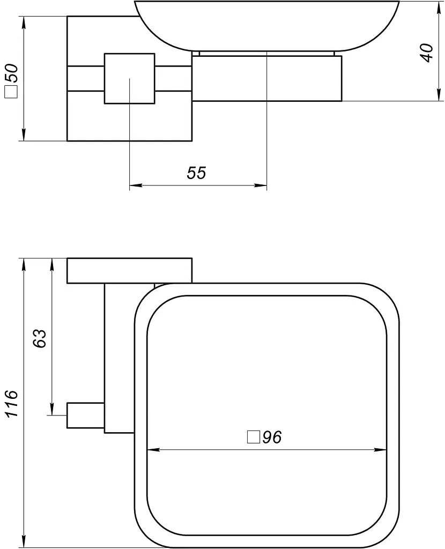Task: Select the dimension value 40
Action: tap(427, 53)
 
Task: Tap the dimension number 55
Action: tap(196, 173)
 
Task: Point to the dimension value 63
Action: tap(40, 338)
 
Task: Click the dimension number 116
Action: tap(12, 403)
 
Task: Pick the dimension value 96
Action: tap(272, 437)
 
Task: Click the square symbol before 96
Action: tap(253, 437)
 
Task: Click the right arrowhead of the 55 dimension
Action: tap(261, 185)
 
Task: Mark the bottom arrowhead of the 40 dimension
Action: tap(439, 95)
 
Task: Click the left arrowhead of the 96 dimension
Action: tap(154, 450)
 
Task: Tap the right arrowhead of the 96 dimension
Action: tap(381, 450)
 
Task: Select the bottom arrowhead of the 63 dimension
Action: tap(52, 409)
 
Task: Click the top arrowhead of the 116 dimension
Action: tap(24, 265)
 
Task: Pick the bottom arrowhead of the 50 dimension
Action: tap(24, 135)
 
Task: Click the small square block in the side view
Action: tap(130, 78)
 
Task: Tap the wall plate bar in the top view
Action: tap(130, 270)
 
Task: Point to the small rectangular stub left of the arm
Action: tap(85, 416)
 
